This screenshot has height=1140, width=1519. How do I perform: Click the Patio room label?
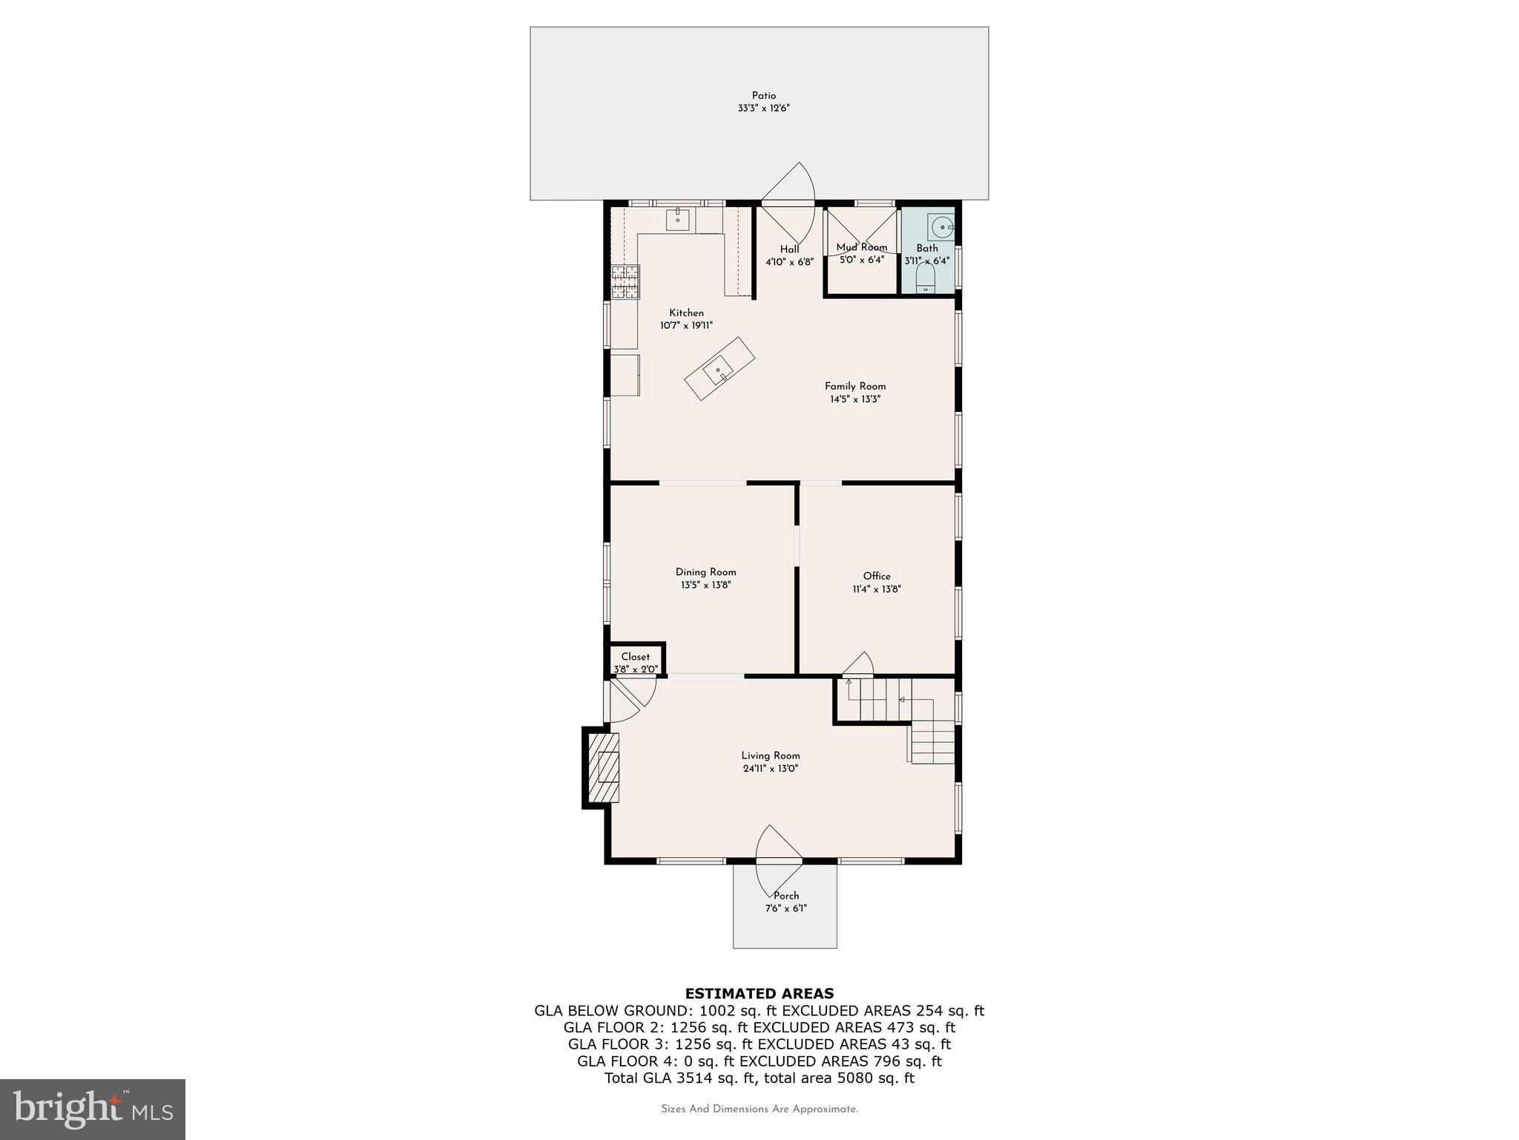click(763, 96)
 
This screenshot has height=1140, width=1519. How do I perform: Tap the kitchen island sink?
click(718, 370)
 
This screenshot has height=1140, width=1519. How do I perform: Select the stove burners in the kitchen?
click(625, 282)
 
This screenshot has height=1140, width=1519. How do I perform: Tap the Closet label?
click(636, 657)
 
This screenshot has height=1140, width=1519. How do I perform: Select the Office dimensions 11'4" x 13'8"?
click(877, 589)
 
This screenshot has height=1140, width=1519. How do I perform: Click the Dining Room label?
click(705, 572)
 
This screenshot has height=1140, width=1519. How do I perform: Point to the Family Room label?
click(855, 386)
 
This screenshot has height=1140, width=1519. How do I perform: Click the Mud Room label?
click(861, 247)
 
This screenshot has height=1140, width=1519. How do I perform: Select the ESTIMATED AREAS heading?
click(759, 993)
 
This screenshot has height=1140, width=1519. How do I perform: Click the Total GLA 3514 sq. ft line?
click(759, 1078)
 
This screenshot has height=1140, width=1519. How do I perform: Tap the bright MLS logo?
click(93, 1110)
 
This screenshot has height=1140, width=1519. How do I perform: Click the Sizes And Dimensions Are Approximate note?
click(759, 1110)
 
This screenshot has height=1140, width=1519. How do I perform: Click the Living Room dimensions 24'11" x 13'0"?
click(770, 769)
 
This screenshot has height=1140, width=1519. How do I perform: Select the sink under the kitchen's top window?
click(678, 220)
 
